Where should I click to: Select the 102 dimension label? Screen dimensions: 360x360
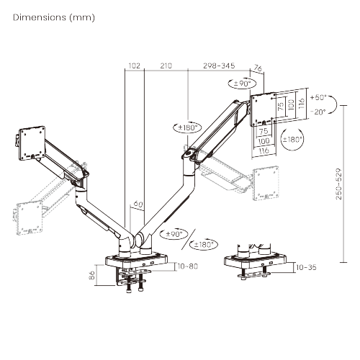(x=133, y=66)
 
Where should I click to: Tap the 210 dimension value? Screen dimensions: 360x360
(x=166, y=66)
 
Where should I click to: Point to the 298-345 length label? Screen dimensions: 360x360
(x=220, y=66)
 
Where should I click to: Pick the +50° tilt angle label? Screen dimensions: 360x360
(x=319, y=96)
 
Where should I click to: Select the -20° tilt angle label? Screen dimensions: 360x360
(x=319, y=112)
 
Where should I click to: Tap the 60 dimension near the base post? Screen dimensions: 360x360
(x=138, y=204)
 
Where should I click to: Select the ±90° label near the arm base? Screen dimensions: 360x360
(x=176, y=233)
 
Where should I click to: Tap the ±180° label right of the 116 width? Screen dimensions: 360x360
(x=293, y=140)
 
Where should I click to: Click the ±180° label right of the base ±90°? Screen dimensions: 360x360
(x=206, y=244)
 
